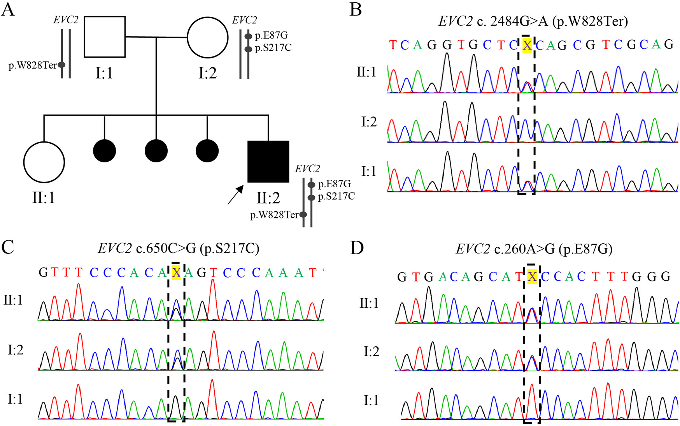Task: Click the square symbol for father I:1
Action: (105, 37)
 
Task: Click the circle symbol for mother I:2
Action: (207, 38)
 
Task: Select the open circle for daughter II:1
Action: (44, 162)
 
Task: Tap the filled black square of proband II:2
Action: (268, 162)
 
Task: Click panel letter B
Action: (356, 9)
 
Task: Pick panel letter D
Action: (357, 248)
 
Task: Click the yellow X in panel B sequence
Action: (527, 46)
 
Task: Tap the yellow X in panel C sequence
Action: (176, 273)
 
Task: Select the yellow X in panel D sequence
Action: (532, 276)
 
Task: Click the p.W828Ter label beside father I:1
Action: (33, 65)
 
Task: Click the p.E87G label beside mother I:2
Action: (271, 35)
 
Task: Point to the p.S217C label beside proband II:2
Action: (336, 196)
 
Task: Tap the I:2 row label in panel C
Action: (16, 350)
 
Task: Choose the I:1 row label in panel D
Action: (371, 401)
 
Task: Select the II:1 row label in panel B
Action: (366, 72)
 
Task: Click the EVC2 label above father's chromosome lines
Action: (66, 20)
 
